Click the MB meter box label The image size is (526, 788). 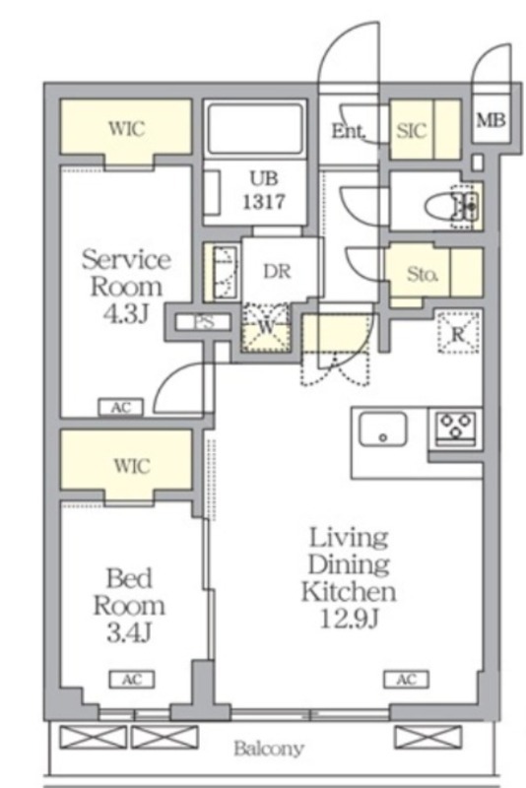[491, 120]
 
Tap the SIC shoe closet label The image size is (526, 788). [412, 131]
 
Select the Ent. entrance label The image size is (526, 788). [348, 131]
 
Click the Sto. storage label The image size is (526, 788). [422, 274]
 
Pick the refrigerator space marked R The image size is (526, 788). [458, 332]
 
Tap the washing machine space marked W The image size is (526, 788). [265, 327]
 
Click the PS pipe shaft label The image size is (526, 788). [204, 322]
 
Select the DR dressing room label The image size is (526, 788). [277, 272]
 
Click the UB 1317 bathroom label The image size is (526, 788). [264, 190]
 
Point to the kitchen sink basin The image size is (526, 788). [383, 428]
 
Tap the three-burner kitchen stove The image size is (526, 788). [455, 427]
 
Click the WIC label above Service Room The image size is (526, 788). [127, 128]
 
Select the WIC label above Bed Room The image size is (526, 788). [132, 466]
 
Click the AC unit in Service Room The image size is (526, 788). [120, 408]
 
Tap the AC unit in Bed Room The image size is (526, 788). [132, 680]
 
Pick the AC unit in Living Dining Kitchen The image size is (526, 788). [407, 680]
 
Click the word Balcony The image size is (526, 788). [269, 749]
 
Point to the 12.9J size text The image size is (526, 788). [349, 620]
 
